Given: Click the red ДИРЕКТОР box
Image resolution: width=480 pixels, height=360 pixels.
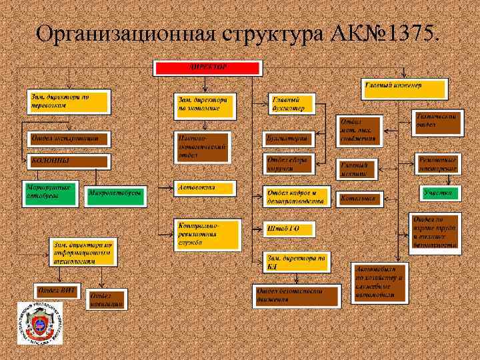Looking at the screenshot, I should coord(209,68).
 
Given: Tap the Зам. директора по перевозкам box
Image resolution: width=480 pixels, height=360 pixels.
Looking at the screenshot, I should coord(69,101).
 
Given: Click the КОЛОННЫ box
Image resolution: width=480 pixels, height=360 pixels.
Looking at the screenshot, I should coord(69,161).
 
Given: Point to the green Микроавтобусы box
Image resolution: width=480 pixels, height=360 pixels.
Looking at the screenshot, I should coord(116,193).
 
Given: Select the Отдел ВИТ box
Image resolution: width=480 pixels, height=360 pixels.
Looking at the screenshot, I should coord(58,291).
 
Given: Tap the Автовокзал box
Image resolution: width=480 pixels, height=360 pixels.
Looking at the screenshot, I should coord(205,189).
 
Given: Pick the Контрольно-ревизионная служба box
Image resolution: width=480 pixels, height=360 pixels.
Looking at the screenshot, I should coord(205,235).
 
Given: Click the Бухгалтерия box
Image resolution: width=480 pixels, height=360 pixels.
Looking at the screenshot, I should coord(289,139).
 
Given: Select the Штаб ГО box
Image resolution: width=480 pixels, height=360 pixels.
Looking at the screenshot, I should coord(289,229).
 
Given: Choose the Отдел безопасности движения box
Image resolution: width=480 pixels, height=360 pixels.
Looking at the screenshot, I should coord(297,295).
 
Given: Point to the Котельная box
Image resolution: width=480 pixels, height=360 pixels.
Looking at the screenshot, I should coord(357,198).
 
